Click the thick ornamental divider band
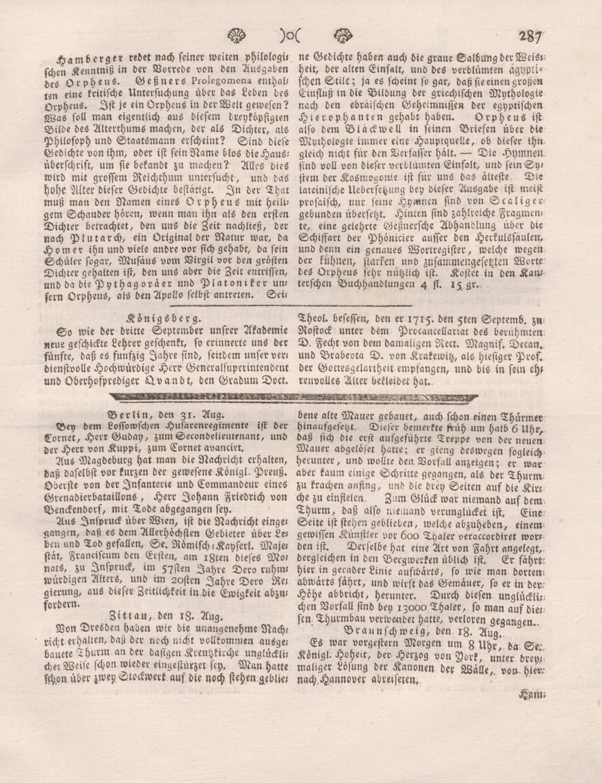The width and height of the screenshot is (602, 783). [x=293, y=397]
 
